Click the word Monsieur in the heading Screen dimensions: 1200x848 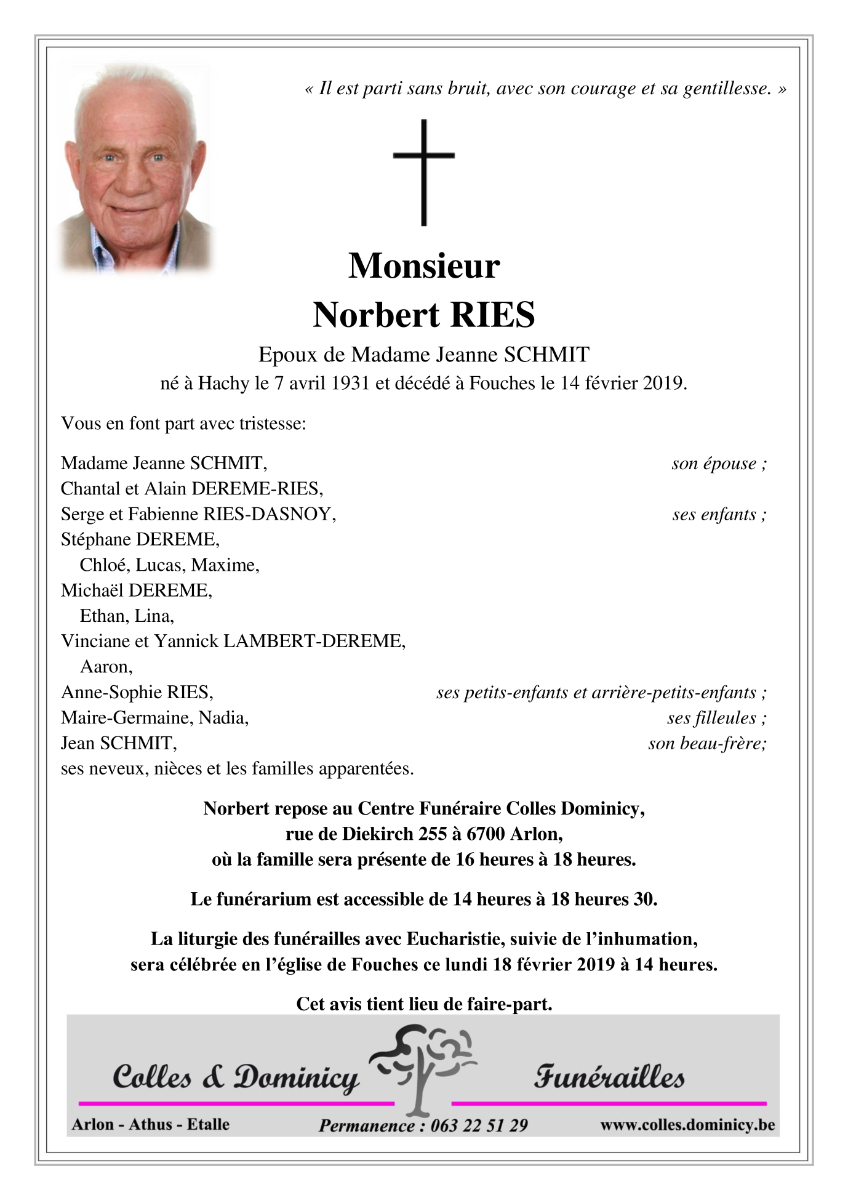coord(424,266)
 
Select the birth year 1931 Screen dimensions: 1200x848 coord(350,384)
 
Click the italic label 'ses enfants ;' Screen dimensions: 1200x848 coord(719,515)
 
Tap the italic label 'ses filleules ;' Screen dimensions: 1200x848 coord(716,718)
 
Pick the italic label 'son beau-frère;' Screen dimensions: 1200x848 coord(707,744)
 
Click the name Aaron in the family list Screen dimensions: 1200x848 coord(105,667)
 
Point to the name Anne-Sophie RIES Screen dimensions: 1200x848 coord(137,693)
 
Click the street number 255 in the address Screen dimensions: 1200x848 coord(433,834)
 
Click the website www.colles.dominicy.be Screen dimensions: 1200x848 coord(687,1125)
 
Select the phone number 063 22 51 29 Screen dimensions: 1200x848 coord(479,1126)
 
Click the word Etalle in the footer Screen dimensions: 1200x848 coord(208,1125)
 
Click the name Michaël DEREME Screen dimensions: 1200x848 coord(137,590)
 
